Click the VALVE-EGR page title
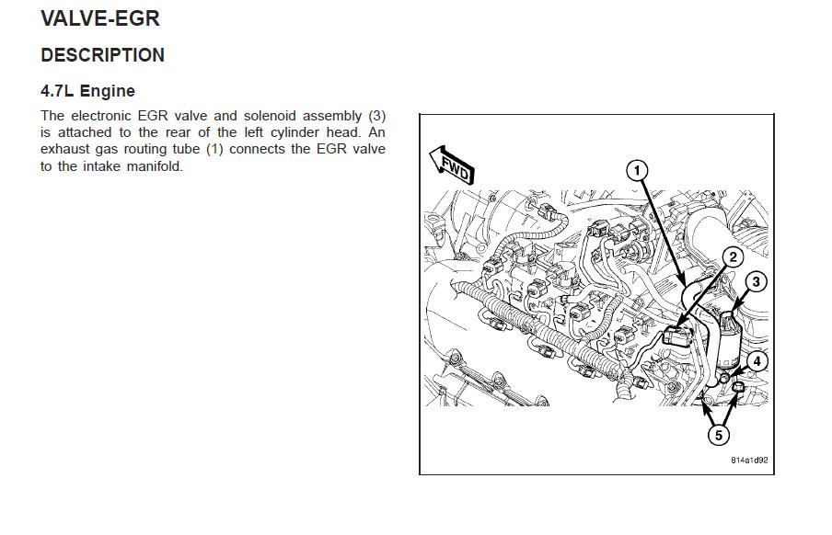[100, 18]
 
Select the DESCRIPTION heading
[102, 55]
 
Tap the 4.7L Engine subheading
[87, 91]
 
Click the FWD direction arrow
[452, 165]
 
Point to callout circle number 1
[637, 171]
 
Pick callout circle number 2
[733, 257]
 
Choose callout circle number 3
[757, 281]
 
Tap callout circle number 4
[757, 361]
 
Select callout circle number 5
[719, 436]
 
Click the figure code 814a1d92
[749, 461]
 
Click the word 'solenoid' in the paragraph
[269, 116]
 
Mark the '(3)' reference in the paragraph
[376, 116]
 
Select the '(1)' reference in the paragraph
[214, 149]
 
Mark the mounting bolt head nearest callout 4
[723, 378]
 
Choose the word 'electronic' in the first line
[101, 116]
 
